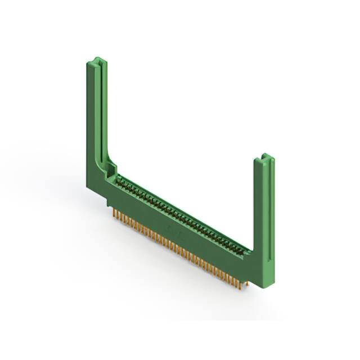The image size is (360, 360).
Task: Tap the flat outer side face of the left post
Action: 90,124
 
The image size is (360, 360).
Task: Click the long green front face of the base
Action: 180,236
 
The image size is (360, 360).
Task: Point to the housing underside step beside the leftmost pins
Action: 108,202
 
